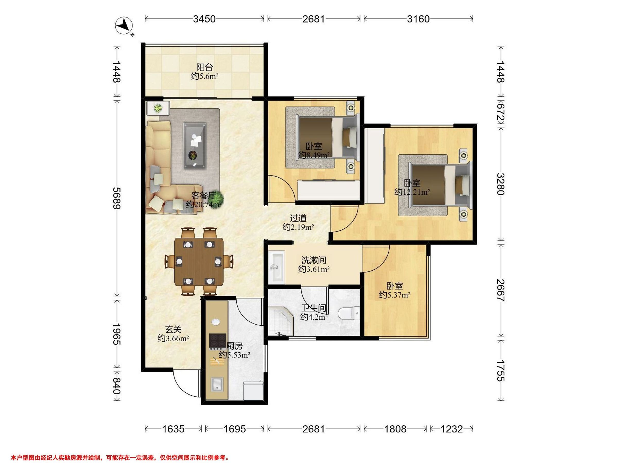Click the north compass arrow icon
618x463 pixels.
click(x=124, y=26)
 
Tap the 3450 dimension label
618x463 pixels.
click(x=204, y=19)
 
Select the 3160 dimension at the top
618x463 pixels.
click(x=418, y=19)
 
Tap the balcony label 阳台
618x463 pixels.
click(x=204, y=67)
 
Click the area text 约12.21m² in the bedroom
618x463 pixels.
click(x=412, y=192)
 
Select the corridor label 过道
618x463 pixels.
click(x=298, y=218)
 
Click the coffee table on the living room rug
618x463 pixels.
click(x=195, y=146)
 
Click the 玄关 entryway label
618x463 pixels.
click(x=173, y=329)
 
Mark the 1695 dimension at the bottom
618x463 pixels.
click(x=234, y=429)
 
